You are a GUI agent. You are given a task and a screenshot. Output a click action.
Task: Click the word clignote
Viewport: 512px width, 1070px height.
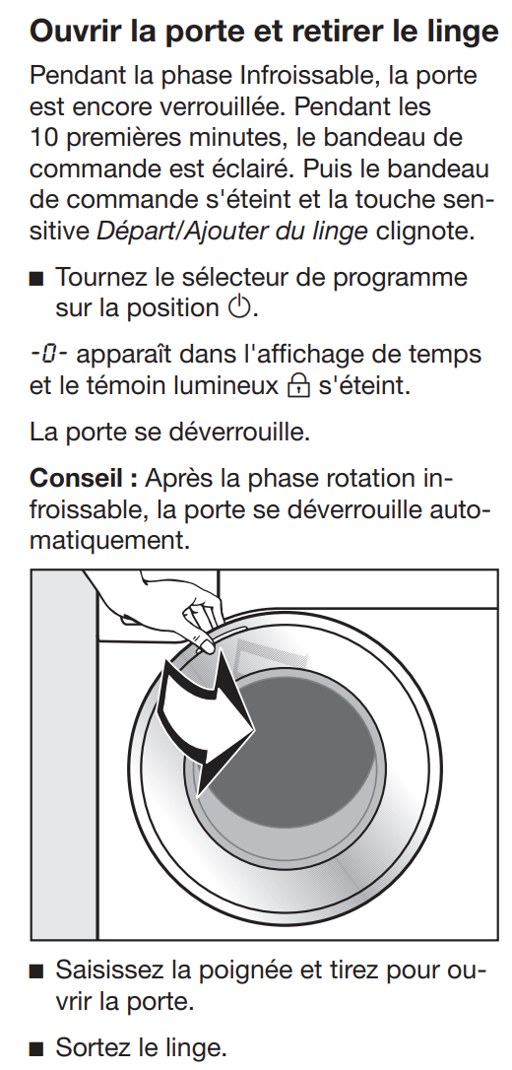click(421, 232)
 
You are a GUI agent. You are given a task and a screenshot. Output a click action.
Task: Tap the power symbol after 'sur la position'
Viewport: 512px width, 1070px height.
click(239, 308)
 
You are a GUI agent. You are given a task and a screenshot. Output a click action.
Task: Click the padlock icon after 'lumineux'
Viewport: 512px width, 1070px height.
click(298, 386)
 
